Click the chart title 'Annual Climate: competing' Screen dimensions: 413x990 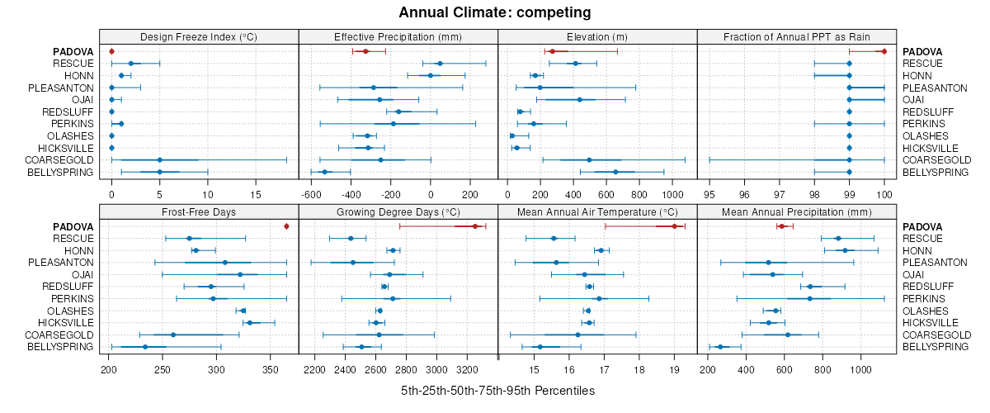pyautogui.click(x=494, y=12)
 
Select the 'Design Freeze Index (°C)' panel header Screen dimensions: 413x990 pyautogui.click(x=199, y=37)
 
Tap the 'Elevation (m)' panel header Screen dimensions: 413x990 pyautogui.click(x=597, y=37)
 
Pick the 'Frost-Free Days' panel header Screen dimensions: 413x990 pyautogui.click(x=199, y=212)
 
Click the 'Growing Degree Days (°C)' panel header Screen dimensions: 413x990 pyautogui.click(x=398, y=212)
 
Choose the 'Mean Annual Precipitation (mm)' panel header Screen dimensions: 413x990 pyautogui.click(x=797, y=212)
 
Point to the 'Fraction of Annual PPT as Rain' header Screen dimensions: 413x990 pyautogui.click(x=797, y=37)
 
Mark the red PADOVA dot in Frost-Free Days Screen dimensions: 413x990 pyautogui.click(x=286, y=226)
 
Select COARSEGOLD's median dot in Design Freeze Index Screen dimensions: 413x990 pyautogui.click(x=159, y=160)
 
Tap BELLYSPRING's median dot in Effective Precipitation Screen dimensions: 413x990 pyautogui.click(x=324, y=172)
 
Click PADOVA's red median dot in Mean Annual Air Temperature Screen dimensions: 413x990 pyautogui.click(x=674, y=226)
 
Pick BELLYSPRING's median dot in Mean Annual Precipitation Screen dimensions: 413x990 pyautogui.click(x=720, y=347)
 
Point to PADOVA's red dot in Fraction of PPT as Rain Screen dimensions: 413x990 pyautogui.click(x=884, y=51)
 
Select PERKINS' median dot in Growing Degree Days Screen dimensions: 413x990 pyautogui.click(x=393, y=298)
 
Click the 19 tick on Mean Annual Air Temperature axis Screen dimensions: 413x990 pyautogui.click(x=674, y=369)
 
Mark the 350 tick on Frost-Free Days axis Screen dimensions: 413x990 pyautogui.click(x=271, y=369)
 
